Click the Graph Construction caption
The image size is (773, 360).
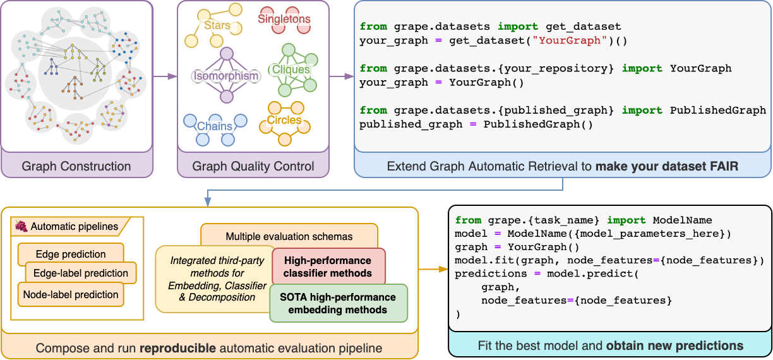(76, 167)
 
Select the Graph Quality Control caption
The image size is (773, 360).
(253, 167)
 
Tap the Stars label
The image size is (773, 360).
(217, 26)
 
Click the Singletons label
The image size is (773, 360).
(284, 19)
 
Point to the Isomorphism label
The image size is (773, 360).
(225, 76)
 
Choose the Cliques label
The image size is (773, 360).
(291, 69)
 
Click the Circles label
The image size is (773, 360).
(284, 120)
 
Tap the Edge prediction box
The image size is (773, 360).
(71, 254)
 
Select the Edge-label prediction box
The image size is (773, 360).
(81, 273)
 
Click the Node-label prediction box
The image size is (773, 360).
(71, 294)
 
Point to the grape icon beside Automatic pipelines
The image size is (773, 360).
(21, 225)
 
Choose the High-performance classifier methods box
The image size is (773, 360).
(328, 267)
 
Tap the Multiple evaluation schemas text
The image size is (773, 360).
(289, 237)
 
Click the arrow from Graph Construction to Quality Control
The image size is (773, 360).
(164, 77)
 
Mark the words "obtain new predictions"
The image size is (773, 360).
(674, 345)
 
